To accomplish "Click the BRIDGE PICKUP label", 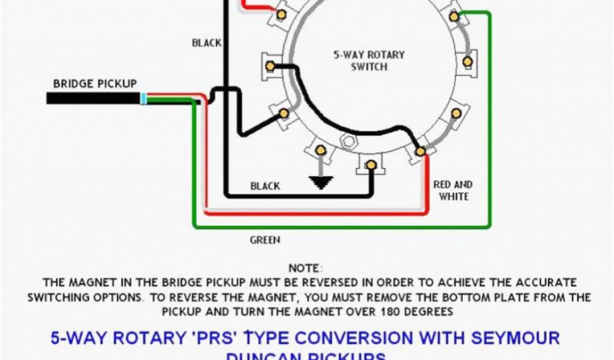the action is click(x=95, y=83).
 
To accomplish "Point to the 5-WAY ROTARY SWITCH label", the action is click(x=369, y=61).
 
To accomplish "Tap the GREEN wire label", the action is click(x=264, y=240).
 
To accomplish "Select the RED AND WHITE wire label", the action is click(x=453, y=190).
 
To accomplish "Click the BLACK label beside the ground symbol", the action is click(x=265, y=186).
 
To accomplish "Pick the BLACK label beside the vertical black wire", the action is click(x=206, y=43).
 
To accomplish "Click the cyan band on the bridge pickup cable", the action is click(x=143, y=98).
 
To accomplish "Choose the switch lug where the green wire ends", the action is click(x=455, y=17).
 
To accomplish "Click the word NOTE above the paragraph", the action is click(x=305, y=268).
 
